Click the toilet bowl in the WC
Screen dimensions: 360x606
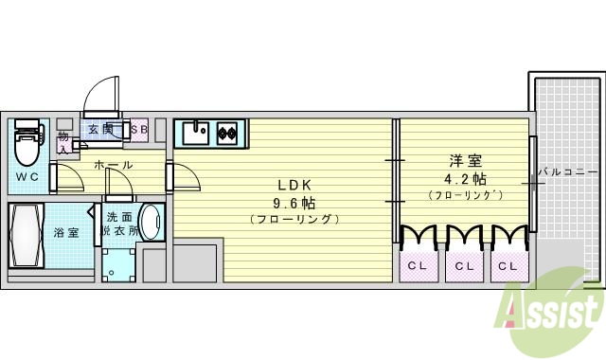coord(27,145)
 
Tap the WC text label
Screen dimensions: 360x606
coord(27,177)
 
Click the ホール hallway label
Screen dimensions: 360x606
coord(114,165)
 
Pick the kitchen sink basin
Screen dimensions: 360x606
coord(196,133)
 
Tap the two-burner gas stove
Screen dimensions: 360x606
coord(228,133)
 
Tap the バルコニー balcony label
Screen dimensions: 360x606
coord(567,172)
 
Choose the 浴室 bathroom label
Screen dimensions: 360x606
coord(66,231)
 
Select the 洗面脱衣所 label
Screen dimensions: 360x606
coord(120,224)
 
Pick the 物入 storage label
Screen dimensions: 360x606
coord(62,142)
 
